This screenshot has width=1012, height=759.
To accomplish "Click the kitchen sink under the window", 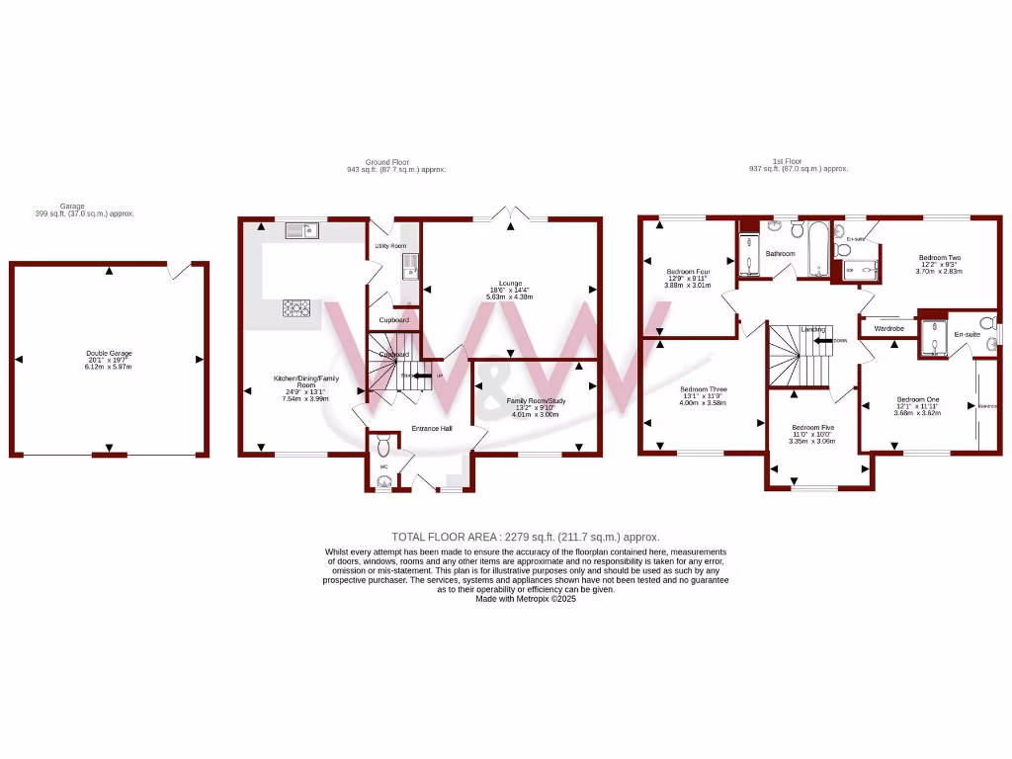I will coord(298,230).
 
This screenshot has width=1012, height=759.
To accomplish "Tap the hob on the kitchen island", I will coord(295,309).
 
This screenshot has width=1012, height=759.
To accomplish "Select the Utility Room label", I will coord(389,245).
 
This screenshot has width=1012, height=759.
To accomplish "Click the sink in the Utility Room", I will coord(410,263).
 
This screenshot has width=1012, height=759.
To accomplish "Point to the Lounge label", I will coord(510,283).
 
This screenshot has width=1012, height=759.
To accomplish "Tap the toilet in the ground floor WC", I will coord(383,447).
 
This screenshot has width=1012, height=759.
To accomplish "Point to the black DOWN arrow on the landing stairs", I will coord(821,341).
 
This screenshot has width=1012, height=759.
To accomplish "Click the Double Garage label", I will coord(110,353).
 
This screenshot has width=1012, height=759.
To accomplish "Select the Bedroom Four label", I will coord(689,272).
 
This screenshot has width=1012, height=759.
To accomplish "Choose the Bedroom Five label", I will coord(813,427).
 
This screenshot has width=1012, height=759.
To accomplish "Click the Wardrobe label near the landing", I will coord(889,327).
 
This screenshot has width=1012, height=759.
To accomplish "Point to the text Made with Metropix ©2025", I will coord(525,598).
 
